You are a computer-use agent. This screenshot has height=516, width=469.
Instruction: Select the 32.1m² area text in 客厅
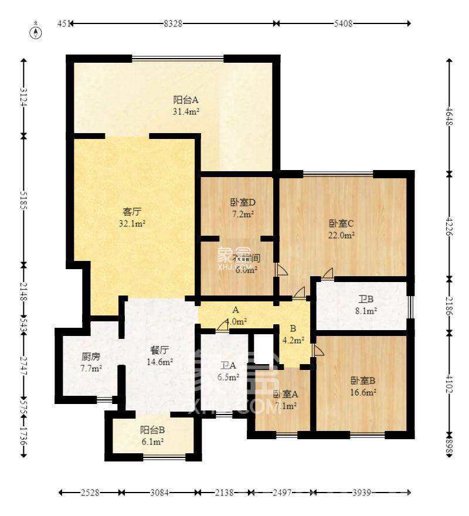[134, 223]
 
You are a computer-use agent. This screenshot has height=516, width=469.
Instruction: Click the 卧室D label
[242, 203]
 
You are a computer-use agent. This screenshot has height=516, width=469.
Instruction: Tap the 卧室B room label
[363, 380]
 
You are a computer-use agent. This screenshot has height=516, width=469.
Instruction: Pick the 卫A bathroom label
[228, 365]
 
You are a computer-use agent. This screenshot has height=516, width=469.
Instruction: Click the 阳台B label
[152, 429]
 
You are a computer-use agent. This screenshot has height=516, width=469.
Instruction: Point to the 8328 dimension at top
[173, 23]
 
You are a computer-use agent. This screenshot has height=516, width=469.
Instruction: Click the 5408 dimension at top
[343, 23]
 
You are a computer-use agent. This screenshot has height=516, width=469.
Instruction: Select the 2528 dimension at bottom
[90, 493]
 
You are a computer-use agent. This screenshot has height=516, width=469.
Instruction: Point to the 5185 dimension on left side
[23, 200]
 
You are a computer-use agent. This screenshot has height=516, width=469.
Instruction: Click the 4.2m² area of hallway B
[294, 340]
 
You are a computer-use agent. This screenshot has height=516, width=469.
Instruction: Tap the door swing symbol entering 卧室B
[318, 351]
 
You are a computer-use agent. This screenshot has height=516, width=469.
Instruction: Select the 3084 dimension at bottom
[158, 493]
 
